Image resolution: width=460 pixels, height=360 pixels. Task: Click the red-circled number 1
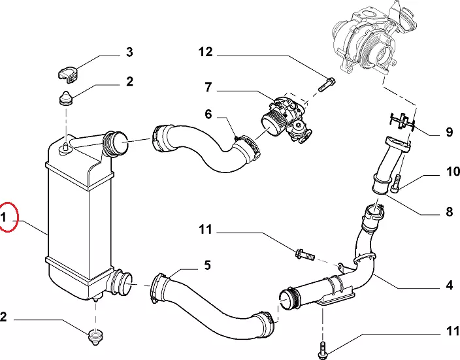coord(8,219)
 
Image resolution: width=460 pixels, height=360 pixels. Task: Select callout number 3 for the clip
coord(129,52)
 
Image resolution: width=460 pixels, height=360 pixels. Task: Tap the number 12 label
coord(206,52)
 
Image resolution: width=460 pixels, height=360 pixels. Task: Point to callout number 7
coord(207,86)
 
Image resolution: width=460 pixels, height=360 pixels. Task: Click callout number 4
coord(450,285)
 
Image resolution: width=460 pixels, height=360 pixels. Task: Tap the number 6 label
coord(208,114)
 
